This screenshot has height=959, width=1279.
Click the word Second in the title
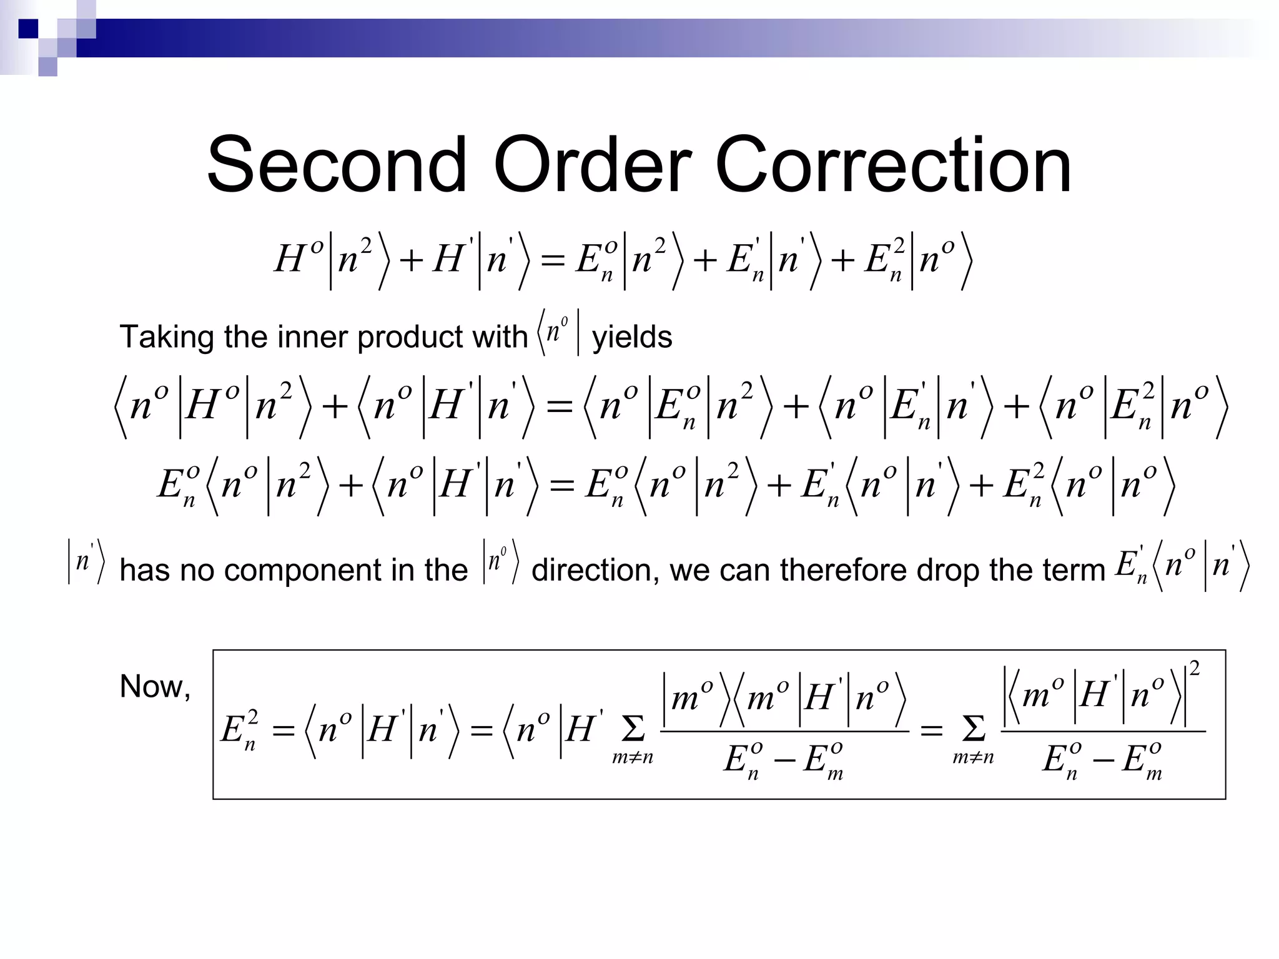(x=337, y=165)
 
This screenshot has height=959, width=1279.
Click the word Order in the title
(x=592, y=165)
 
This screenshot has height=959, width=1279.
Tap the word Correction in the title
(x=893, y=165)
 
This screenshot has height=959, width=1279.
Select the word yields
(x=632, y=338)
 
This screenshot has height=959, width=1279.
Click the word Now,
(x=155, y=687)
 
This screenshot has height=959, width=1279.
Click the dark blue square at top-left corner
(x=28, y=29)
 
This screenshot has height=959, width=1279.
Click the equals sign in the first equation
(x=553, y=260)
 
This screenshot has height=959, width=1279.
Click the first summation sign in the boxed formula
(x=633, y=728)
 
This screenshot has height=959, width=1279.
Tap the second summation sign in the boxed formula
(x=973, y=728)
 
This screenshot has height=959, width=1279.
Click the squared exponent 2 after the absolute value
(x=1194, y=669)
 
